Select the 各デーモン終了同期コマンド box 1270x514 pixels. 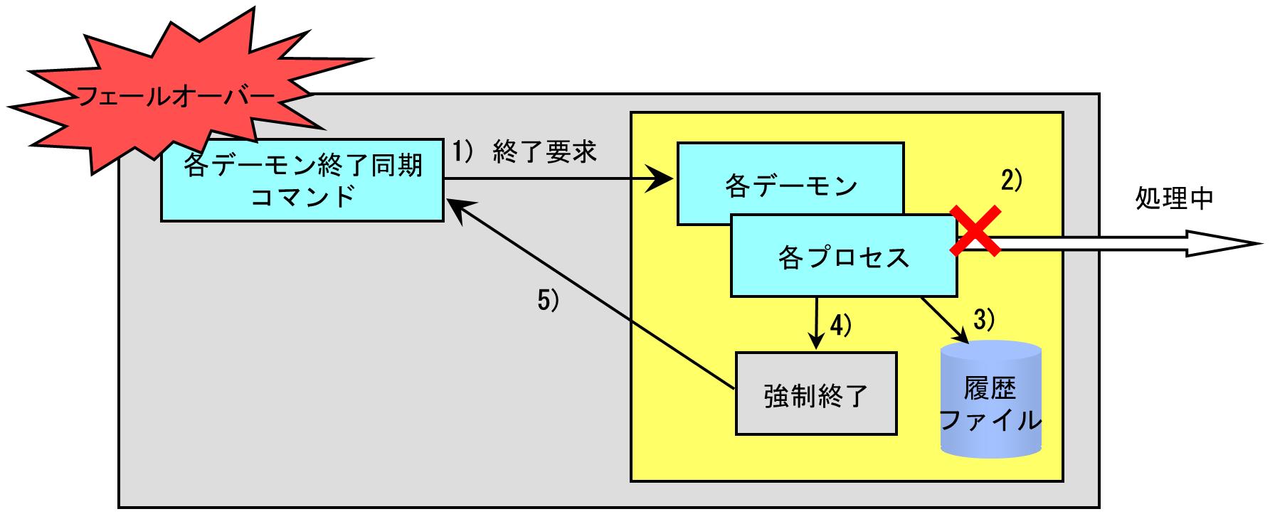[x=302, y=180]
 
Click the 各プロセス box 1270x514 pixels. [x=844, y=257]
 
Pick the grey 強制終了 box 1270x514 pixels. [x=816, y=393]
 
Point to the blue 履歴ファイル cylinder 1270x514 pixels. [x=990, y=400]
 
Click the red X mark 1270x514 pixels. [x=976, y=230]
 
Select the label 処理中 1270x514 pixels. [x=1173, y=199]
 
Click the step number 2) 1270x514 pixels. [x=1010, y=181]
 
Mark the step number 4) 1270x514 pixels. [x=840, y=325]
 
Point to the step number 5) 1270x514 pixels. [x=548, y=301]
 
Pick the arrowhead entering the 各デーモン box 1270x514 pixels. [x=660, y=180]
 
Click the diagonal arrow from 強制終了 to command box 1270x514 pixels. [x=592, y=294]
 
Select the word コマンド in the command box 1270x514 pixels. [x=303, y=196]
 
